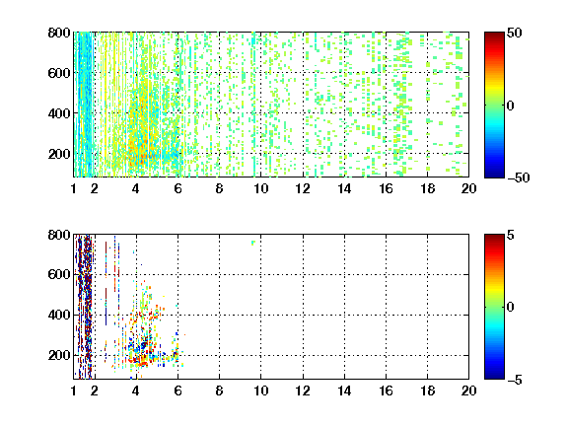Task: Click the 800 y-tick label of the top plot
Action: tap(59, 33)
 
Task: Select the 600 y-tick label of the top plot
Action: tap(59, 73)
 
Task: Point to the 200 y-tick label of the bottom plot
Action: tap(59, 355)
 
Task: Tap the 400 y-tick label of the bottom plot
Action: tap(59, 315)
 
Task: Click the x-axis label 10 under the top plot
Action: tap(260, 188)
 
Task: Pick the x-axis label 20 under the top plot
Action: tap(468, 188)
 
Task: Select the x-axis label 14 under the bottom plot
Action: tap(344, 390)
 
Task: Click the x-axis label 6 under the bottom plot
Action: tap(177, 390)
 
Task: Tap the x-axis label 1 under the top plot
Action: tap(74, 188)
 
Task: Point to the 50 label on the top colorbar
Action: tap(514, 33)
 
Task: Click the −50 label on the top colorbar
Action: tap(518, 177)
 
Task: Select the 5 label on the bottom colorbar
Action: tap(511, 235)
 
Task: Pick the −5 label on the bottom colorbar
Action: tap(515, 380)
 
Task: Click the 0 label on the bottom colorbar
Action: tap(511, 308)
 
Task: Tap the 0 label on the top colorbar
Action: tap(511, 106)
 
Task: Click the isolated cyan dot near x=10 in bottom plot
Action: tap(252, 243)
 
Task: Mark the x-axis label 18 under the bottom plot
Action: tap(427, 390)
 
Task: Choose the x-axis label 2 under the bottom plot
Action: tap(95, 390)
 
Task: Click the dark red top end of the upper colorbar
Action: tap(494, 35)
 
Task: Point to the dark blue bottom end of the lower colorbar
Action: tap(494, 377)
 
